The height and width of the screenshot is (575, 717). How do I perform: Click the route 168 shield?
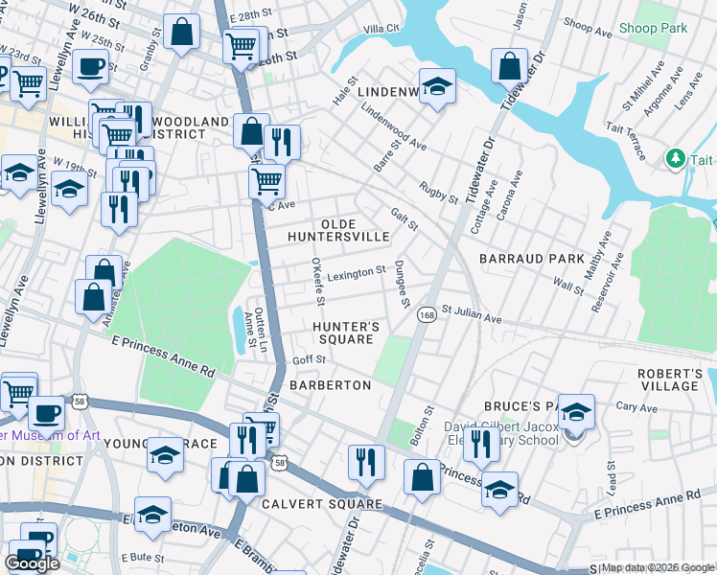427,314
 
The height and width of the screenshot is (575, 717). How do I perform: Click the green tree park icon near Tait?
676,156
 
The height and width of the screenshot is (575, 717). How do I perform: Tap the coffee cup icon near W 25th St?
90,66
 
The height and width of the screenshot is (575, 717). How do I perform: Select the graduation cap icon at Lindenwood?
436,86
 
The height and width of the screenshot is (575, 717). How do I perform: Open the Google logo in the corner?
32,563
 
